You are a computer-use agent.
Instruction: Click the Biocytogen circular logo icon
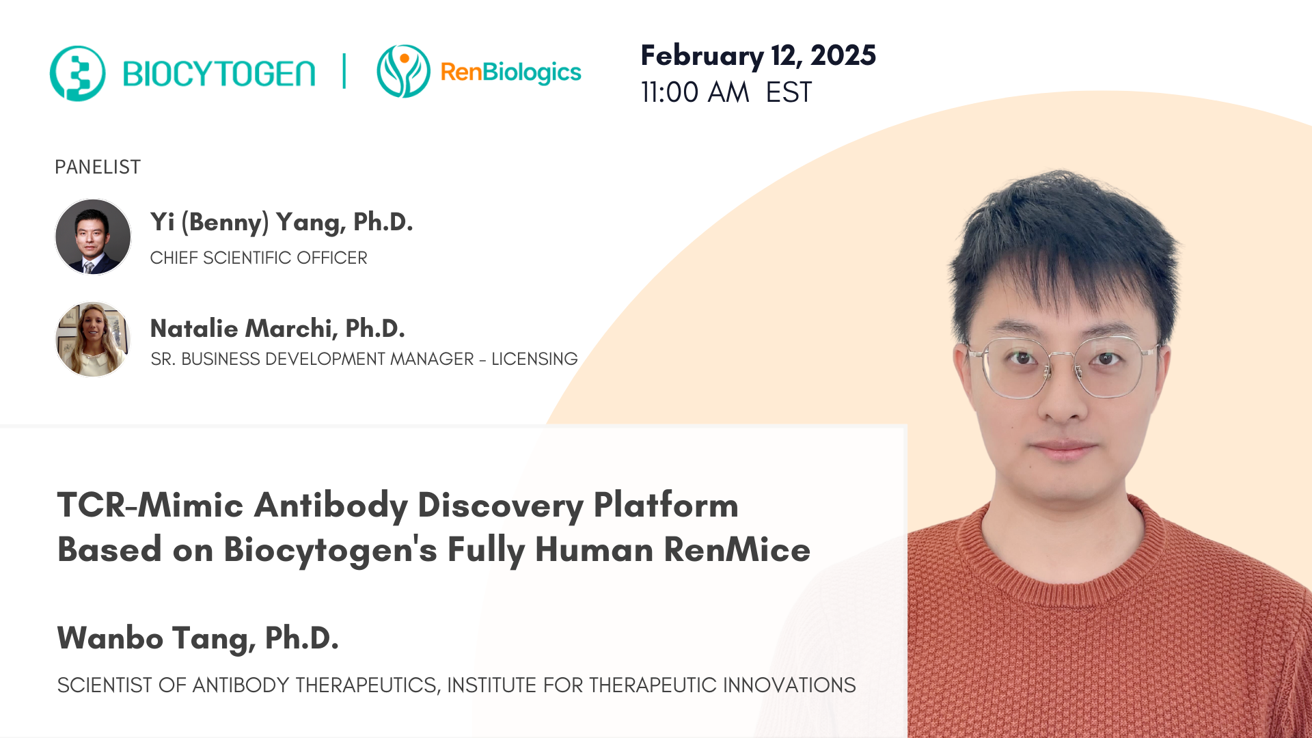click(x=77, y=73)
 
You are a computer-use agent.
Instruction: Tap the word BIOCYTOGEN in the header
click(x=219, y=74)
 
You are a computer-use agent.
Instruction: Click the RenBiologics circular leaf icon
click(x=403, y=71)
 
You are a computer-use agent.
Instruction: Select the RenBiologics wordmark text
click(x=510, y=72)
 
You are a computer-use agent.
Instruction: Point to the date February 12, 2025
click(x=758, y=55)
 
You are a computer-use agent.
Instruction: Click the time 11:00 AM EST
click(x=726, y=92)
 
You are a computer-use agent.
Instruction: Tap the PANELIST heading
click(x=98, y=167)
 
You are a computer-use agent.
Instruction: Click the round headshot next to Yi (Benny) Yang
click(x=93, y=236)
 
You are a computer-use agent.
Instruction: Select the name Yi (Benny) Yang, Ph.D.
click(x=282, y=222)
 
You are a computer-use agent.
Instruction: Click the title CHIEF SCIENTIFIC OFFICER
click(x=258, y=258)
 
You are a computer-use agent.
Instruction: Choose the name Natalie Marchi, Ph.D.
click(x=277, y=329)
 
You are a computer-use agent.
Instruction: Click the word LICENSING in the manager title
click(x=534, y=359)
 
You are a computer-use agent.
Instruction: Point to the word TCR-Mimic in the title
click(x=150, y=506)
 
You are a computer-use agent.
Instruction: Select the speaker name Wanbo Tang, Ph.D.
click(x=198, y=638)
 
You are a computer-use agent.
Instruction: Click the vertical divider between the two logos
click(x=344, y=71)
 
